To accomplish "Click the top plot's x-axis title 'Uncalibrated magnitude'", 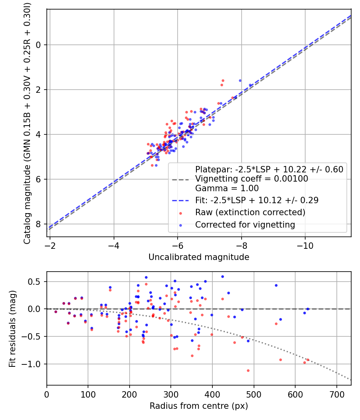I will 199,257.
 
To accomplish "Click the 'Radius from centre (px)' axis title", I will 199,406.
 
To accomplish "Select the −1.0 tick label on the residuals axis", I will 35,364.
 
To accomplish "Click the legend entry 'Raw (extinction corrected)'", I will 250,212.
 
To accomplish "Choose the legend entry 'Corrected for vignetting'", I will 245,225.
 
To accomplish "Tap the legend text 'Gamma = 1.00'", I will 227,188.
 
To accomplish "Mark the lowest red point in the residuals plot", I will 248,370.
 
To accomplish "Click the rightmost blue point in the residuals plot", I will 308,309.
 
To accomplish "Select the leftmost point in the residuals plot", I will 56,312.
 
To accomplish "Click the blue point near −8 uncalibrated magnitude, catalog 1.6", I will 240,80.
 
